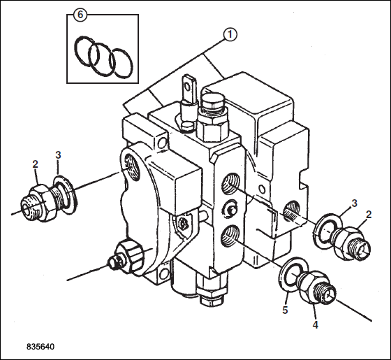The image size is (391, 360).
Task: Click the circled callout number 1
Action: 230,35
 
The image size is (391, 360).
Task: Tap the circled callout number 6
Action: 80,15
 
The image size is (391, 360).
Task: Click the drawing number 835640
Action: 40,347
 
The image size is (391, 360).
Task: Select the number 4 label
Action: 316,325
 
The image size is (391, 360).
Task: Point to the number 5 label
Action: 285,310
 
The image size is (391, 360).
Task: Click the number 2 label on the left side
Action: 35,164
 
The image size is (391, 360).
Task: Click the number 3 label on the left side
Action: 58,155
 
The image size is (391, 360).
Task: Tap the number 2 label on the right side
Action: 369,215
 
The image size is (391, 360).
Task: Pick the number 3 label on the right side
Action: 354,203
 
